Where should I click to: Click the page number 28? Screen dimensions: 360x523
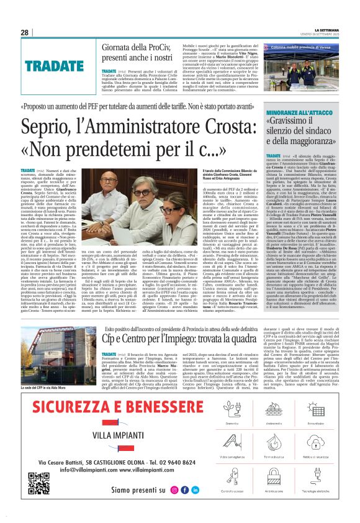[x=24, y=32]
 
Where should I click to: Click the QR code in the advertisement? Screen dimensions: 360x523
[x=38, y=483]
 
